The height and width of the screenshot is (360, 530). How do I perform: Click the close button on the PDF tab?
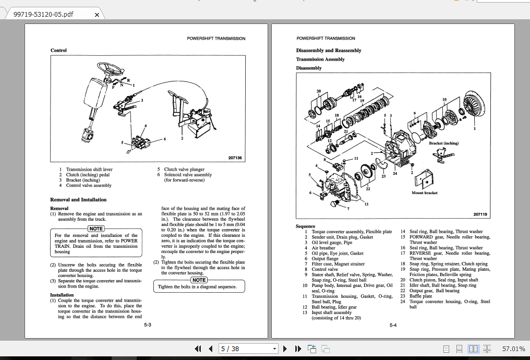pos(97,15)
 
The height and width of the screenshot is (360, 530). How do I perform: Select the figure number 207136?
pos(235,158)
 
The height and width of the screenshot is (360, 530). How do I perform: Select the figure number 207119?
pos(480,214)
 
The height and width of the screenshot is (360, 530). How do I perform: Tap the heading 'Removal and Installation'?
pos(78,200)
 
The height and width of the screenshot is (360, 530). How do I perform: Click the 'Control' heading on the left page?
pos(58,51)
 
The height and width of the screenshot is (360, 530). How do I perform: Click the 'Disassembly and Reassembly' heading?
pos(329,51)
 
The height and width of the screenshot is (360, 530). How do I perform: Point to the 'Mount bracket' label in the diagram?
pos(424,193)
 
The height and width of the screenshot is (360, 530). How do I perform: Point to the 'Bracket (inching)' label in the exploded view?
pos(443,143)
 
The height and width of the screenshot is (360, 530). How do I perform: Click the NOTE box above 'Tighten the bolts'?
pos(199,280)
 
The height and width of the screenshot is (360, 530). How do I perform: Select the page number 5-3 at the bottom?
pos(148,325)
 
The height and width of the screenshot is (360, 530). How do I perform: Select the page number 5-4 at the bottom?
pos(393,325)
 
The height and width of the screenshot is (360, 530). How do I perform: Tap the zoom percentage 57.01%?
pos(513,349)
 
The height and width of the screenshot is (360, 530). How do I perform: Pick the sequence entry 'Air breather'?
pos(323,248)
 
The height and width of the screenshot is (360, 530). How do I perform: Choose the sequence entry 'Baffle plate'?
pos(420,296)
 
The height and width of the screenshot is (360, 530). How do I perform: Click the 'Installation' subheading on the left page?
pos(62,295)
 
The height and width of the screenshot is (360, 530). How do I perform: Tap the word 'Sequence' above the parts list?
pos(306,226)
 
